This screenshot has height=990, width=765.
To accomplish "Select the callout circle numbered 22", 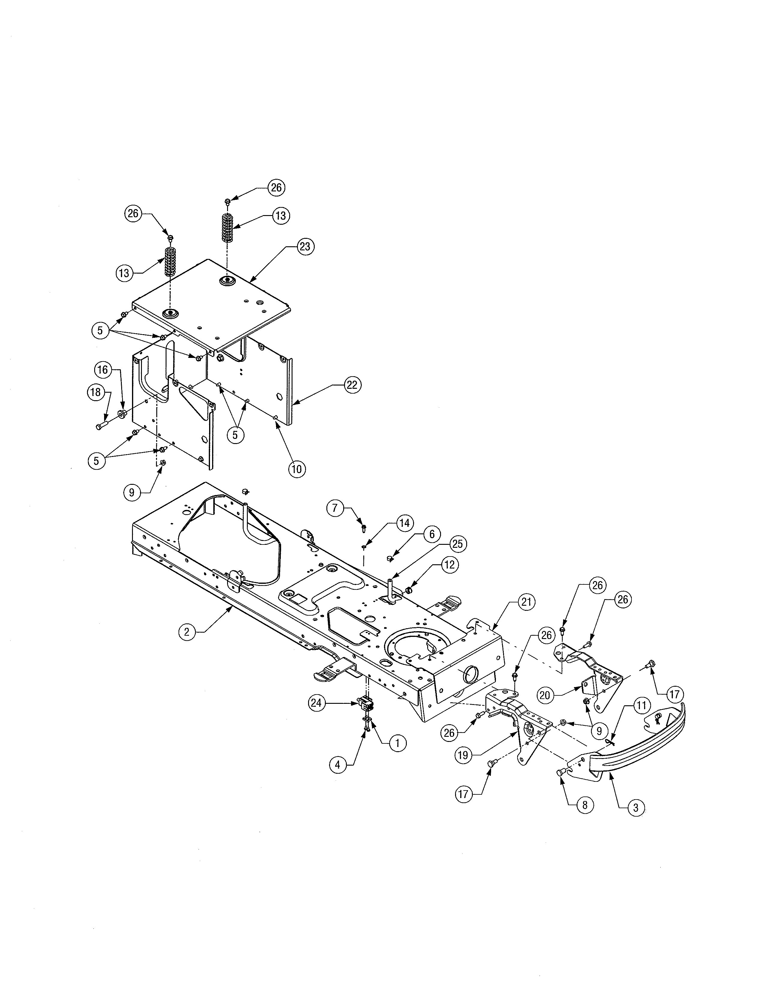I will tap(352, 385).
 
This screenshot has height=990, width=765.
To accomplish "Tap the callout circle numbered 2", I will tap(187, 631).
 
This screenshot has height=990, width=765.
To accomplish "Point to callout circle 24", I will tap(317, 703).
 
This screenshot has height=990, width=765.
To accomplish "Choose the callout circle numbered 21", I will tap(526, 602).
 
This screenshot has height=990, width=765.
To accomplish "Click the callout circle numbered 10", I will tap(296, 468).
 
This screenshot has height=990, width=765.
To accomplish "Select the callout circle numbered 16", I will tap(103, 370).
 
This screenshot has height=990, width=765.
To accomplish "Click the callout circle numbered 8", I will tap(585, 805).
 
